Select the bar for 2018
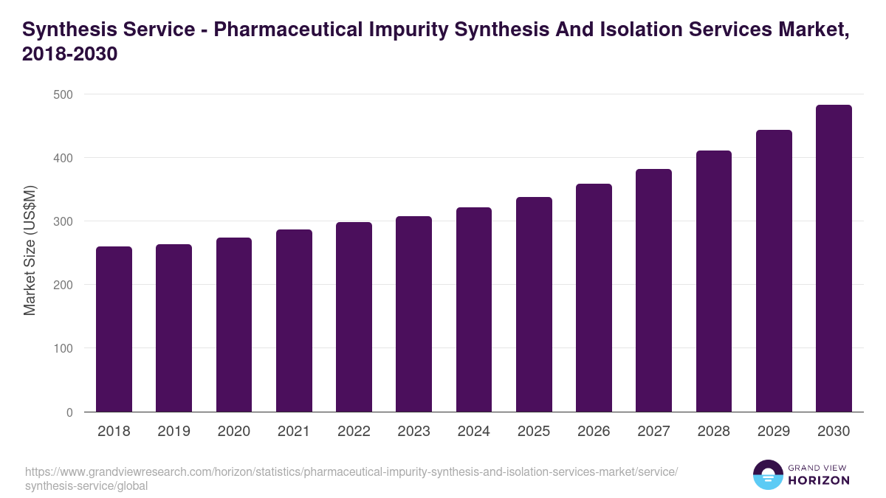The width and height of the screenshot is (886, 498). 114,329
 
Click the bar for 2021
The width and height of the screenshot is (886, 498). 294,321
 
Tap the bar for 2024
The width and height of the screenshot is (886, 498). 474,310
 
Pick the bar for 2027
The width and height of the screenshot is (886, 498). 654,291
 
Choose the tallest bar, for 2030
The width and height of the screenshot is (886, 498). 834,258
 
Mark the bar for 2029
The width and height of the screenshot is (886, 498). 774,271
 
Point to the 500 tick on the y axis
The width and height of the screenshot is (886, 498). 63,94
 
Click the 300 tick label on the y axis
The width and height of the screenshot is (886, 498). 63,221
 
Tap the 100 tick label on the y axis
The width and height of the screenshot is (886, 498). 63,348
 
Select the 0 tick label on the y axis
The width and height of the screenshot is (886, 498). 69,412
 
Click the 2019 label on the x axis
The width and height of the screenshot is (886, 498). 174,432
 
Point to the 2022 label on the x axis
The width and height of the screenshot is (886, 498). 354,432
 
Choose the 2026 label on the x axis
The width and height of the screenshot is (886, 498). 594,432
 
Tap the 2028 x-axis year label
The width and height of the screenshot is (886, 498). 714,432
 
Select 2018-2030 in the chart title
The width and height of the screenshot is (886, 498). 70,55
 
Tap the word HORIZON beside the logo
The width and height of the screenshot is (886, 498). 819,480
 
